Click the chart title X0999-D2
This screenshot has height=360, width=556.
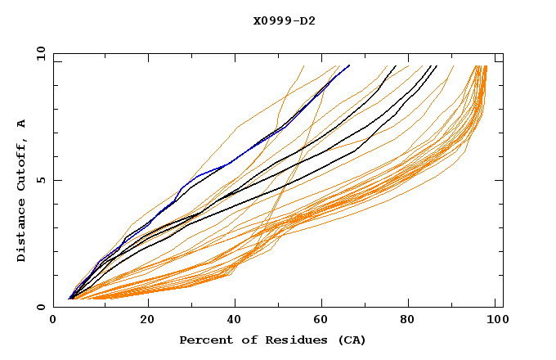(x=284, y=20)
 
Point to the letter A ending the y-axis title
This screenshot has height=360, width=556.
(x=21, y=124)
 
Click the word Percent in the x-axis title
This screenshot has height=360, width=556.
(x=205, y=340)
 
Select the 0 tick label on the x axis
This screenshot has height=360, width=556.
(x=54, y=322)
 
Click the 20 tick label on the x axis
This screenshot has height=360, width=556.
(x=147, y=322)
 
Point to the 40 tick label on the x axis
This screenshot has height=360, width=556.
(x=236, y=322)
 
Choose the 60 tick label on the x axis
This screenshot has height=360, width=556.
(x=325, y=322)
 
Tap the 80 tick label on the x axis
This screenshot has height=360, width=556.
(x=414, y=322)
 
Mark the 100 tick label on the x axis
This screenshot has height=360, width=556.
(x=496, y=322)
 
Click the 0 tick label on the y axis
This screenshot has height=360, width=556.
(x=41, y=308)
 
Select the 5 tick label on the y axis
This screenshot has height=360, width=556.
(x=41, y=180)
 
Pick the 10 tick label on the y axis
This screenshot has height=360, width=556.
(x=38, y=53)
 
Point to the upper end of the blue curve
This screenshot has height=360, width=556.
(x=349, y=65)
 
